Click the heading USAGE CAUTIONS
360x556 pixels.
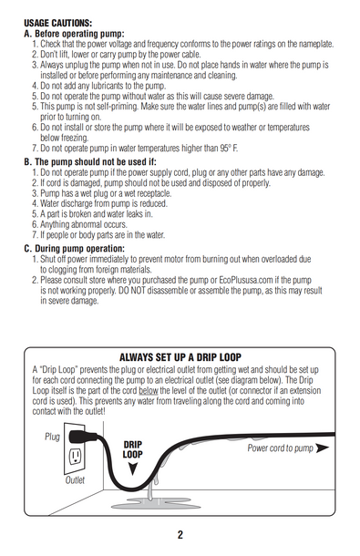pos(57,24)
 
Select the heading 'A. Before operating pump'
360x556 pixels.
pos(74,34)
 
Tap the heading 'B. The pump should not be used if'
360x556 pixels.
pos(90,161)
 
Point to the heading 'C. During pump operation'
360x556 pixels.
pos(75,248)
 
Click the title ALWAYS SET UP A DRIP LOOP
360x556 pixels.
pos(180,357)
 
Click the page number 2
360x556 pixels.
pos(180,535)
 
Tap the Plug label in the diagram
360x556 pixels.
pos(52,437)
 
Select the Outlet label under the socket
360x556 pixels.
pos(75,480)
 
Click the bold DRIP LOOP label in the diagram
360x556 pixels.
pos(133,449)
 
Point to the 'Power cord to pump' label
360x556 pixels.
pos(280,448)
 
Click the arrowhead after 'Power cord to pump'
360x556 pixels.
pos(322,448)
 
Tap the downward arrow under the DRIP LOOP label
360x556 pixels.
pos(133,468)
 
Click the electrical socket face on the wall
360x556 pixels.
pos(76,457)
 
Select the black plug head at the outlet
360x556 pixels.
pos(83,437)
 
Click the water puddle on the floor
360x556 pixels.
pos(155,503)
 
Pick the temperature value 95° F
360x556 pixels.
pos(229,148)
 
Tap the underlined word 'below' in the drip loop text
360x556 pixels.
pos(148,390)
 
